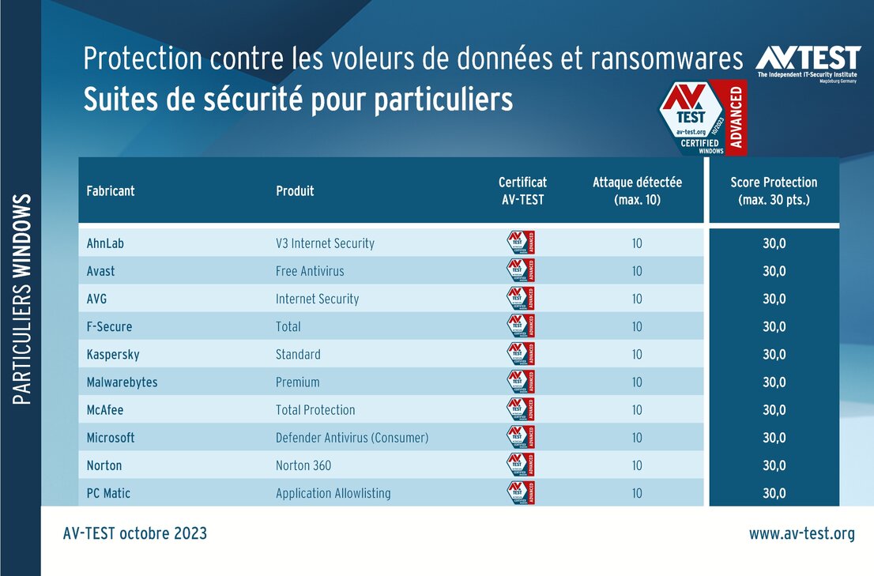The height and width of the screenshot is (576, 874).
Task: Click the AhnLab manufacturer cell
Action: [105, 243]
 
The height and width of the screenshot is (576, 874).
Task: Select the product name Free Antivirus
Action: [310, 271]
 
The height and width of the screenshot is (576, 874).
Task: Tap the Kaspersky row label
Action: [113, 354]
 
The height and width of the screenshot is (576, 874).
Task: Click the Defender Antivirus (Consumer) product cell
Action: [352, 438]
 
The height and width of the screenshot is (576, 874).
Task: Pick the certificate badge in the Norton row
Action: [520, 465]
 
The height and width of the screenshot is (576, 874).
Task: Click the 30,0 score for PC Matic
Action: [774, 493]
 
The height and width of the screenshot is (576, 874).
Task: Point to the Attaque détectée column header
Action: [637, 190]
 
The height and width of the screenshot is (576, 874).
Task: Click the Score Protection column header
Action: [774, 190]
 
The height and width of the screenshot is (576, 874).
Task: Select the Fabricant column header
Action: [111, 191]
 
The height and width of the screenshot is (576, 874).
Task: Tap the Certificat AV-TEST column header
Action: [522, 190]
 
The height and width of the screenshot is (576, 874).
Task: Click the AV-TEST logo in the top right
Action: [807, 62]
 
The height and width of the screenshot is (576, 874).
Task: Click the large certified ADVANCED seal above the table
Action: [702, 117]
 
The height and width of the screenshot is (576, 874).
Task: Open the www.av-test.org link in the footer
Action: [801, 533]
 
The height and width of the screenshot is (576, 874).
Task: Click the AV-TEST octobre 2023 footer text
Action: [134, 533]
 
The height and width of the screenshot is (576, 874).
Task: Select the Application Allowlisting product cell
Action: [333, 493]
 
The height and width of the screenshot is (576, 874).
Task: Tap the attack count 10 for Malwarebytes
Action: [637, 382]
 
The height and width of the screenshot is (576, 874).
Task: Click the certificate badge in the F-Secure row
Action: [520, 326]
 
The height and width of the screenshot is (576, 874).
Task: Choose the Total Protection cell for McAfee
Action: [315, 410]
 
